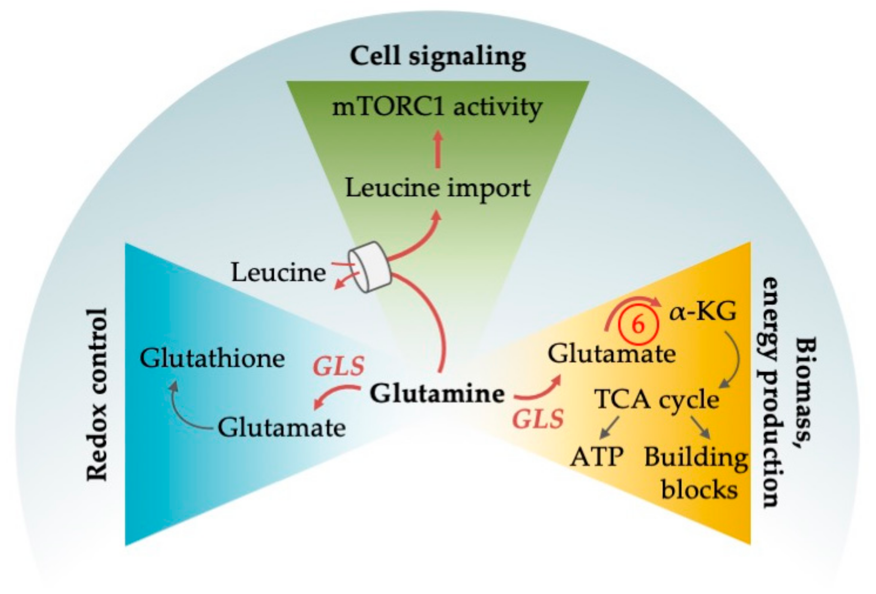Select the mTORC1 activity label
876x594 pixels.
pos(437,107)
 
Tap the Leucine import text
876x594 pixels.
pos(437,188)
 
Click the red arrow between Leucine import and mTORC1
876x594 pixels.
pos(437,150)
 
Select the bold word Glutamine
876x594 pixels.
pos(437,393)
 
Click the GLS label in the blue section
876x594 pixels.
pos(338,367)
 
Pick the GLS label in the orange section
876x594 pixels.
pos(538,419)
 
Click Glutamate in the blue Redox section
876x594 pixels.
pos(281,428)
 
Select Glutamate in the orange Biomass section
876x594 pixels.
pos(612,354)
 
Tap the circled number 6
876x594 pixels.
pos(638,325)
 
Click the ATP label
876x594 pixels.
pos(596,457)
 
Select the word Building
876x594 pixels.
pos(696,458)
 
